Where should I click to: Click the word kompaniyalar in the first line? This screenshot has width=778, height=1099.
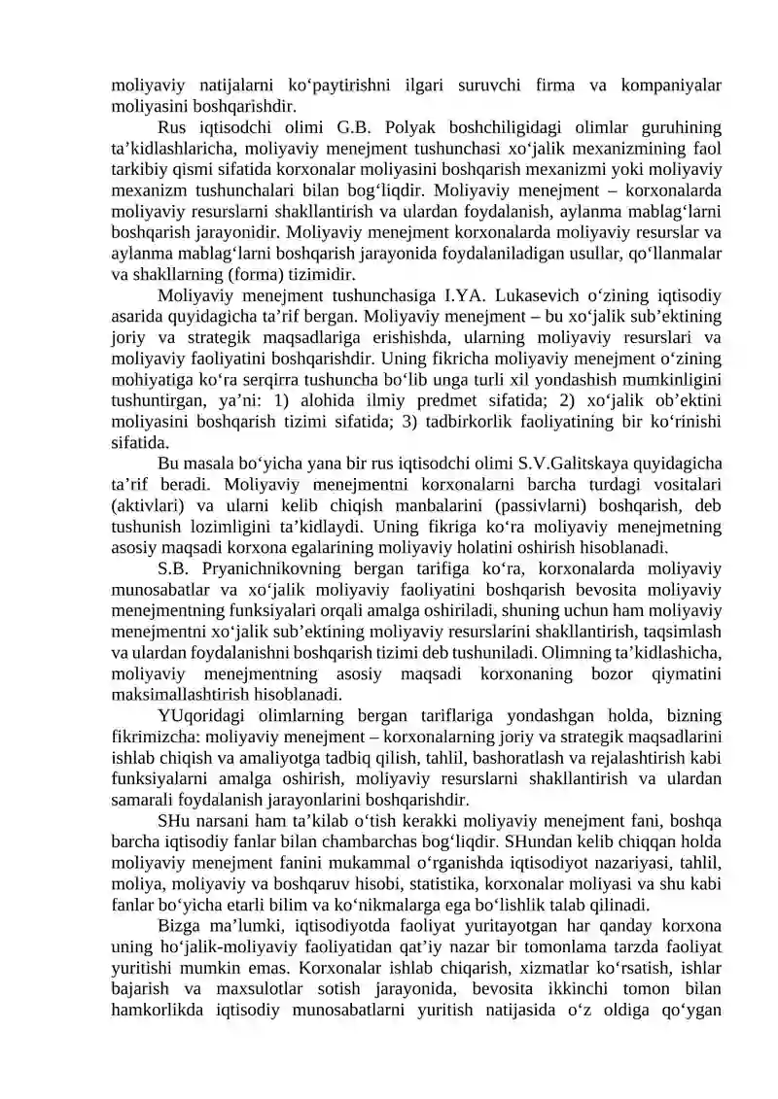[674, 86]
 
